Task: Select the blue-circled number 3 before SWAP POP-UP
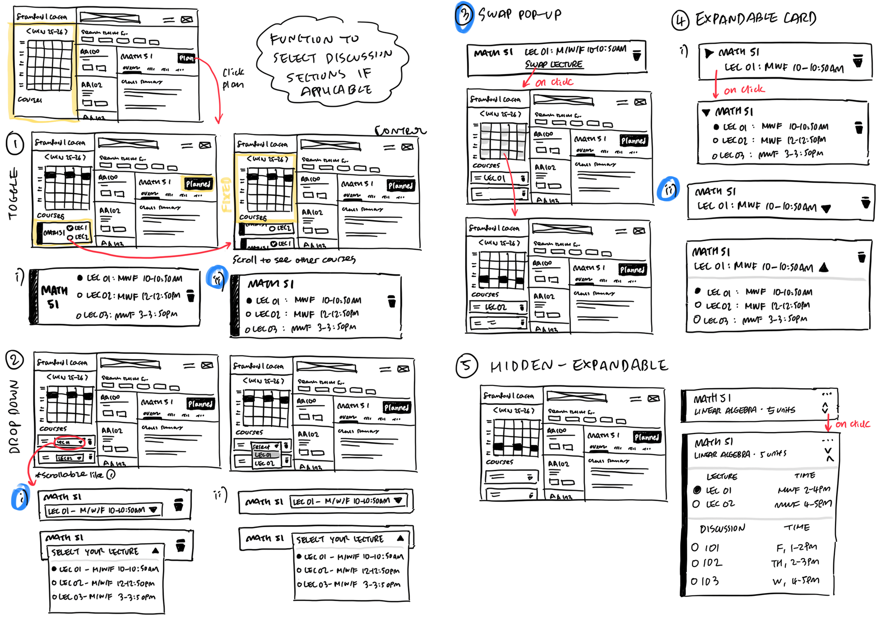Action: (x=464, y=15)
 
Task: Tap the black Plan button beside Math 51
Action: (x=186, y=58)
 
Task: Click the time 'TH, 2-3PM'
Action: (x=795, y=563)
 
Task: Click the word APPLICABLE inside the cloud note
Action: (x=336, y=91)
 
